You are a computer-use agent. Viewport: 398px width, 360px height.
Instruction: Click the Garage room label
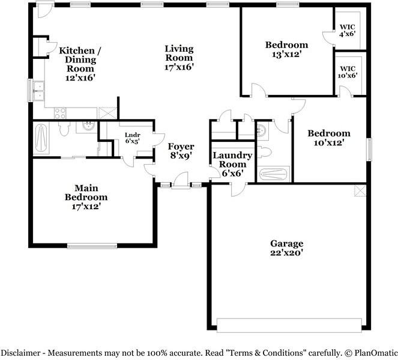(x=286, y=248)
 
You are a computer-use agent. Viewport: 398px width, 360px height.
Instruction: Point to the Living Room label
(x=179, y=58)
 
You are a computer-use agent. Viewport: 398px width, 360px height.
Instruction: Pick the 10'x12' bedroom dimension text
(x=328, y=142)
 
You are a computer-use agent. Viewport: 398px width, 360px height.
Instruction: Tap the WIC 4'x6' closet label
(x=348, y=31)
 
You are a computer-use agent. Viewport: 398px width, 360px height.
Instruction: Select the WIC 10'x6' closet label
(x=348, y=72)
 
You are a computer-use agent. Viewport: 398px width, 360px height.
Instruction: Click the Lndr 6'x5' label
(x=131, y=138)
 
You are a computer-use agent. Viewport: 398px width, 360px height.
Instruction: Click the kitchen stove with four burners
(x=61, y=112)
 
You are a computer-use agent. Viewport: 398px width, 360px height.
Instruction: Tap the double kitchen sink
(x=38, y=91)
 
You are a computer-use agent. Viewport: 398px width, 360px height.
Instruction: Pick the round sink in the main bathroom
(x=88, y=126)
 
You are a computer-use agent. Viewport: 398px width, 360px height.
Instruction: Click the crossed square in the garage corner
(x=360, y=191)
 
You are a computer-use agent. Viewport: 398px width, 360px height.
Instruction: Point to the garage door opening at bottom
(x=289, y=325)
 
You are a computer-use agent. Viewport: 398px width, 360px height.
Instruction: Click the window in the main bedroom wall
(x=92, y=245)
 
